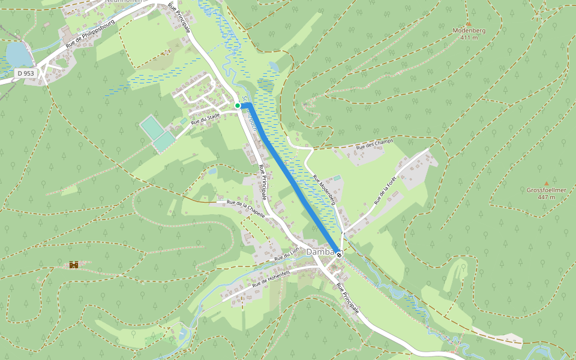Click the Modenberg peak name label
(469, 30)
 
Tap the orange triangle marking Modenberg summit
(469, 23)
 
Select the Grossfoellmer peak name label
(546, 190)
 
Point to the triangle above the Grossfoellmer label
(546, 183)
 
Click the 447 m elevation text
(546, 197)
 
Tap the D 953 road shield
(26, 73)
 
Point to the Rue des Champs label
(374, 144)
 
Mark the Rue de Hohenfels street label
(271, 278)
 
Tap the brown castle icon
(74, 264)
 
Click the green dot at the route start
(238, 106)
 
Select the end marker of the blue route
(340, 254)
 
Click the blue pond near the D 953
(18, 55)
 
